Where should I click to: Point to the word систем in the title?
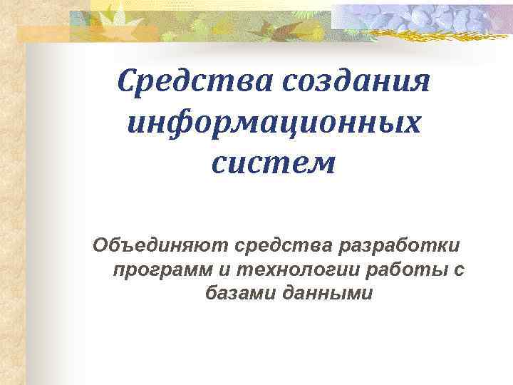click(x=273, y=164)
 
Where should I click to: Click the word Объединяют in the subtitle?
click(x=158, y=246)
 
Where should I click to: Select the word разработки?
click(x=401, y=246)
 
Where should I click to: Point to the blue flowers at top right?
click(x=427, y=16)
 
